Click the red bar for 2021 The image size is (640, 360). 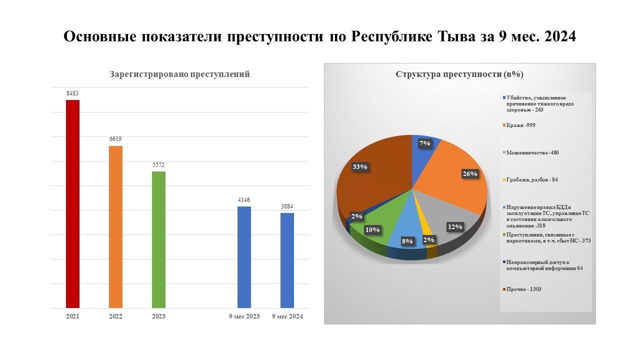[72, 204]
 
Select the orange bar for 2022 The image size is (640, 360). [115, 227]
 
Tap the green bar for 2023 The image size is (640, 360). [158, 239]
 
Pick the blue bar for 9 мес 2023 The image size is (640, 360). [244, 257]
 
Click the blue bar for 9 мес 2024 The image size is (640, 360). [287, 260]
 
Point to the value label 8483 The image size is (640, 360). [72, 93]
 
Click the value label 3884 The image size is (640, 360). [287, 206]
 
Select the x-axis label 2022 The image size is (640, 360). [115, 316]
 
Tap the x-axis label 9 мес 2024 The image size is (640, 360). [287, 316]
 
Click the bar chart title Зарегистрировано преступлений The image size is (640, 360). [179, 74]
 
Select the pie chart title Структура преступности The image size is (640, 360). [459, 74]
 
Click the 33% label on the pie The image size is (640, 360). [359, 166]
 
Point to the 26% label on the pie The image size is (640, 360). [470, 173]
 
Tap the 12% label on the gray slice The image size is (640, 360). [455, 227]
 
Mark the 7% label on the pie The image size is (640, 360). [425, 143]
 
